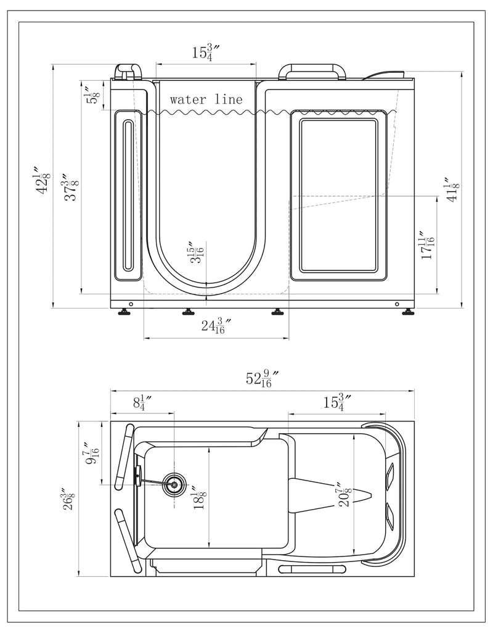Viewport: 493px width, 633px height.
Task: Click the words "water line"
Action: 206,99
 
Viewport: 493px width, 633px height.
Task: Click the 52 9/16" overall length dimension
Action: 263,378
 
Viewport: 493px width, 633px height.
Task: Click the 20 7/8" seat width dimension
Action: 345,495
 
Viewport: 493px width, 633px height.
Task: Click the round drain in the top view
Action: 174,485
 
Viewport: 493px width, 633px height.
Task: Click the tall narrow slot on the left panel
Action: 128,195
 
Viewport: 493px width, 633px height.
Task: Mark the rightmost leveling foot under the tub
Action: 407,312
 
